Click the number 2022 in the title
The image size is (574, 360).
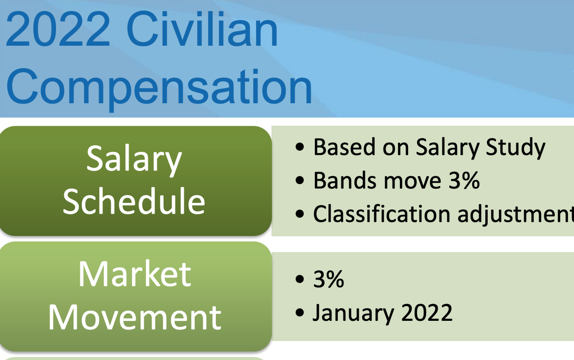[x=58, y=29]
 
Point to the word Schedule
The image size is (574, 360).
[x=134, y=200]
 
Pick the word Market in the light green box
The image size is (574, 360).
[x=135, y=274]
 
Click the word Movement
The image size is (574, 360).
[x=135, y=317]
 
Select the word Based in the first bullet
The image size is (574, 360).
[x=344, y=147]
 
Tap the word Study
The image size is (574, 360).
[x=515, y=148]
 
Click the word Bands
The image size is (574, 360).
[x=345, y=181]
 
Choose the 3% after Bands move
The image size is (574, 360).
[x=464, y=181]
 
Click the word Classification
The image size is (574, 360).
[x=382, y=214]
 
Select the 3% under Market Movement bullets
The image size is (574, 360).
[x=329, y=279]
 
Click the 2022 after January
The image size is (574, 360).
[x=427, y=312]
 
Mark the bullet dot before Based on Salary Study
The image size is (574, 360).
[x=299, y=147]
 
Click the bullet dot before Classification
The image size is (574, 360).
[x=299, y=214]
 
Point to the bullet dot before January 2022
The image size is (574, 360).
[x=299, y=313]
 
